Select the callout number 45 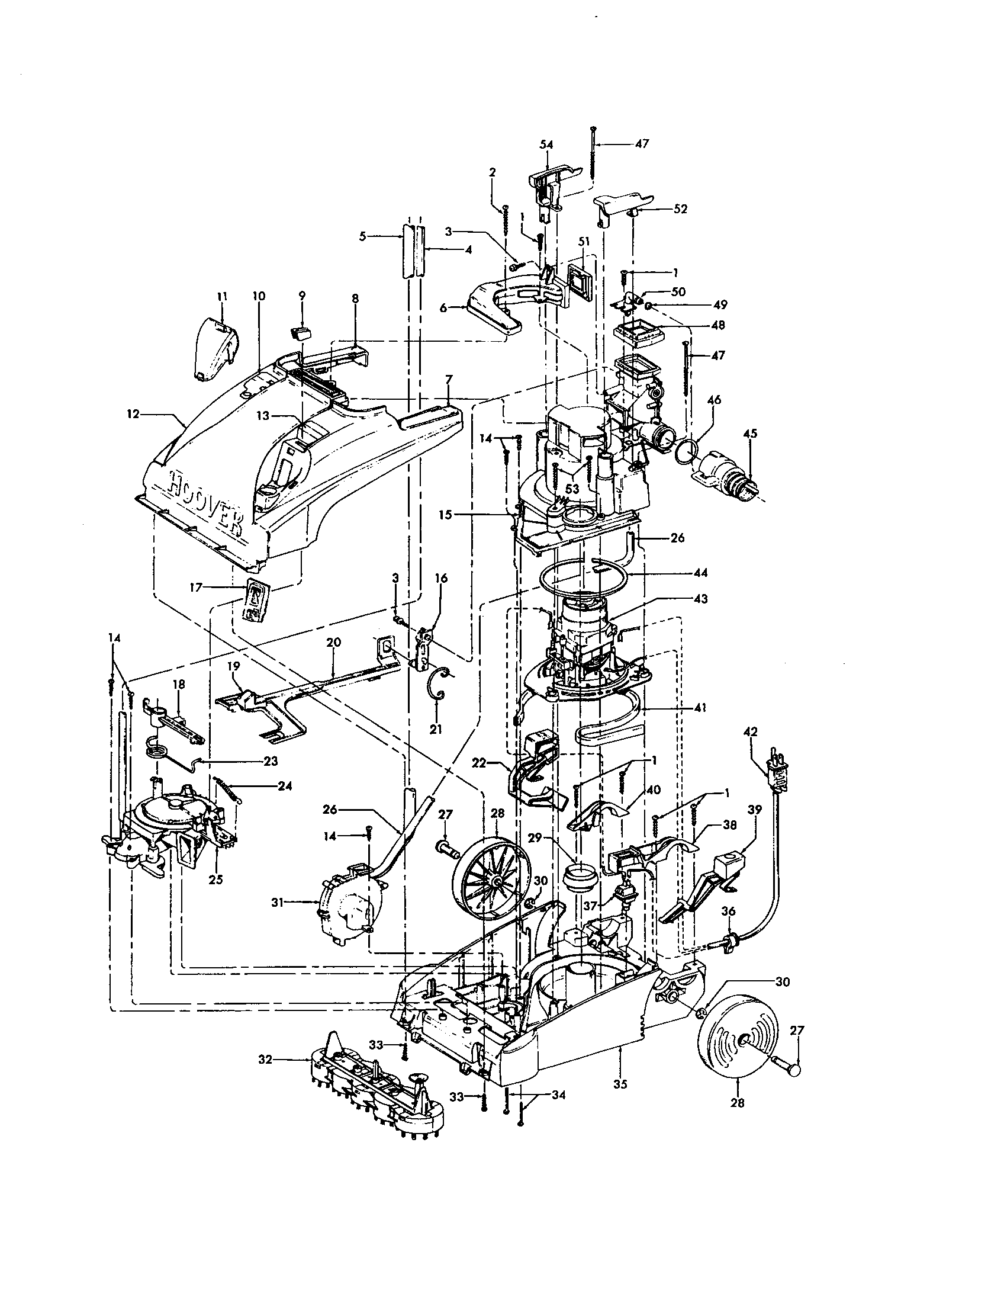pos(750,434)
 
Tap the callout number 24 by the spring pos(284,786)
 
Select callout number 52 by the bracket pos(680,210)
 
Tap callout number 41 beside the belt pos(700,708)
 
